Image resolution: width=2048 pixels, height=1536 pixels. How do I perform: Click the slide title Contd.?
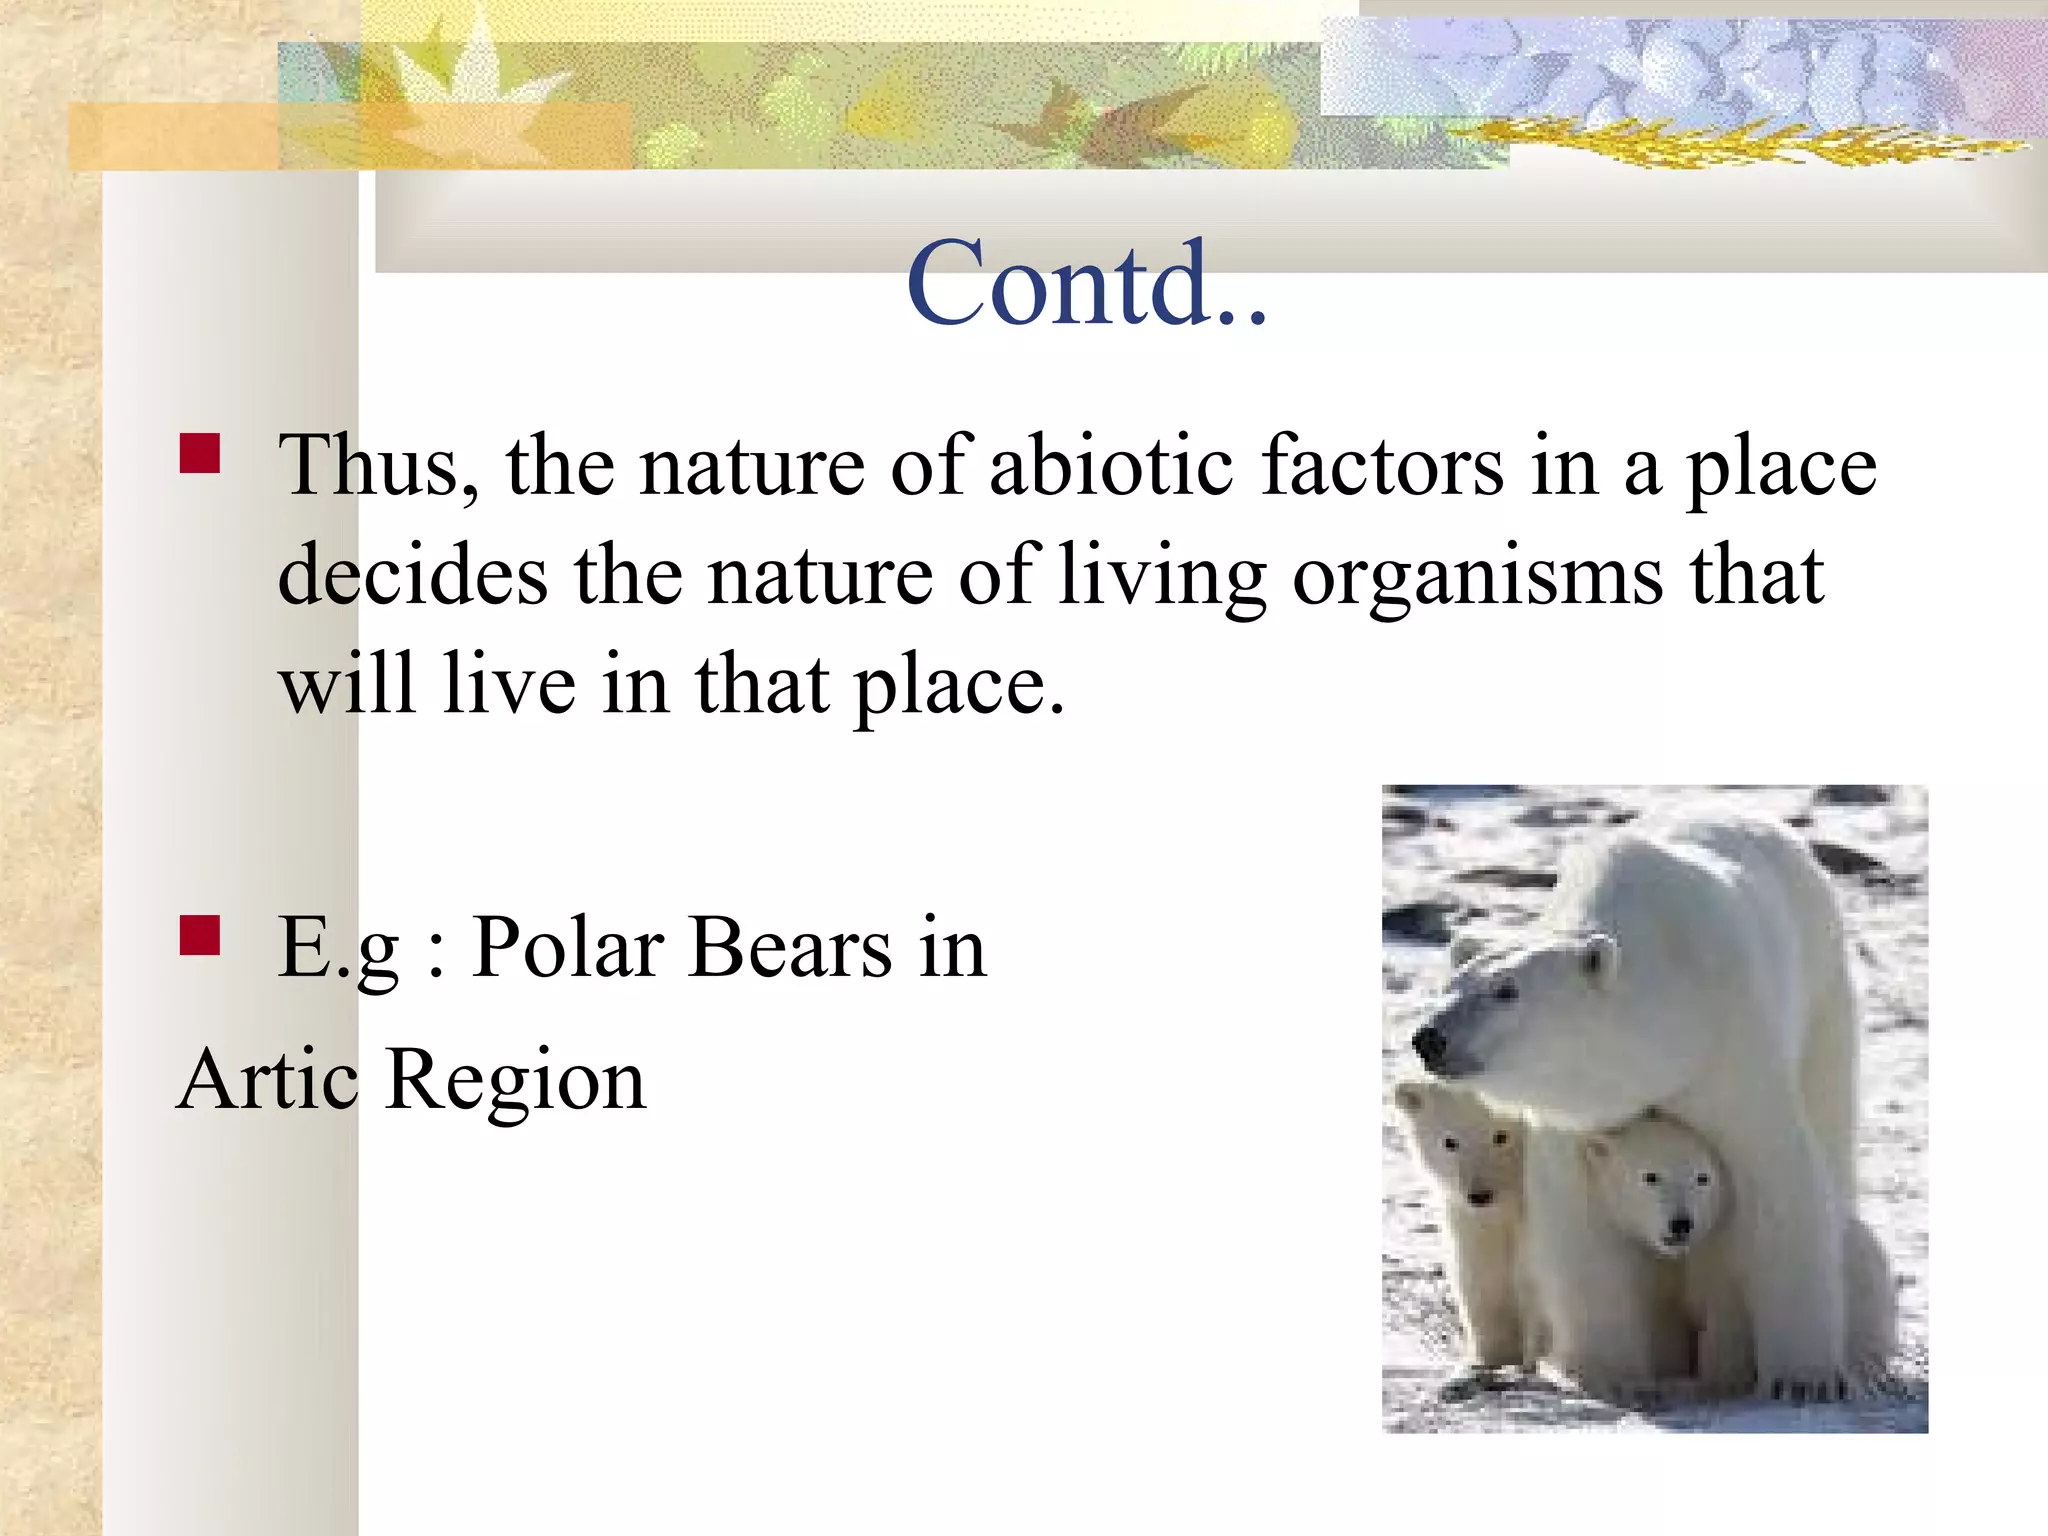point(1086,284)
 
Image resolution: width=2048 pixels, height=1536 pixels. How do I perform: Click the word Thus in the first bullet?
point(378,466)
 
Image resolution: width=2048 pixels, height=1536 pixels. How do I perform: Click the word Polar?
point(569,947)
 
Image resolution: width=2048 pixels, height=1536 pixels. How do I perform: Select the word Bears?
point(790,947)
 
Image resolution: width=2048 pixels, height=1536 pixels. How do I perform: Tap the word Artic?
point(267,1081)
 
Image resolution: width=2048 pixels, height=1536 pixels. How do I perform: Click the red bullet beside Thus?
point(200,453)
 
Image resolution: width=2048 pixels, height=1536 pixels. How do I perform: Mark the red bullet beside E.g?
point(200,936)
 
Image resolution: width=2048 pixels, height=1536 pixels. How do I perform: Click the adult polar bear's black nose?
point(1430,1046)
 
